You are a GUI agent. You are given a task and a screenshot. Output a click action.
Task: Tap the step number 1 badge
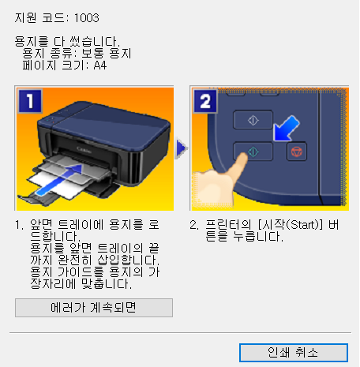(x=29, y=100)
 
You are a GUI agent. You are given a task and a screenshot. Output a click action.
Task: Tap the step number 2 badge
(x=204, y=100)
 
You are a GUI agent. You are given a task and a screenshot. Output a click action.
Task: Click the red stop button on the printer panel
(x=302, y=150)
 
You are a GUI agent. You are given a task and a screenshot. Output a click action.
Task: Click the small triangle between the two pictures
(x=182, y=148)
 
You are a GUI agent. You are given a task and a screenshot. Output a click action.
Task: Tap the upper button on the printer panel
(x=253, y=118)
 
